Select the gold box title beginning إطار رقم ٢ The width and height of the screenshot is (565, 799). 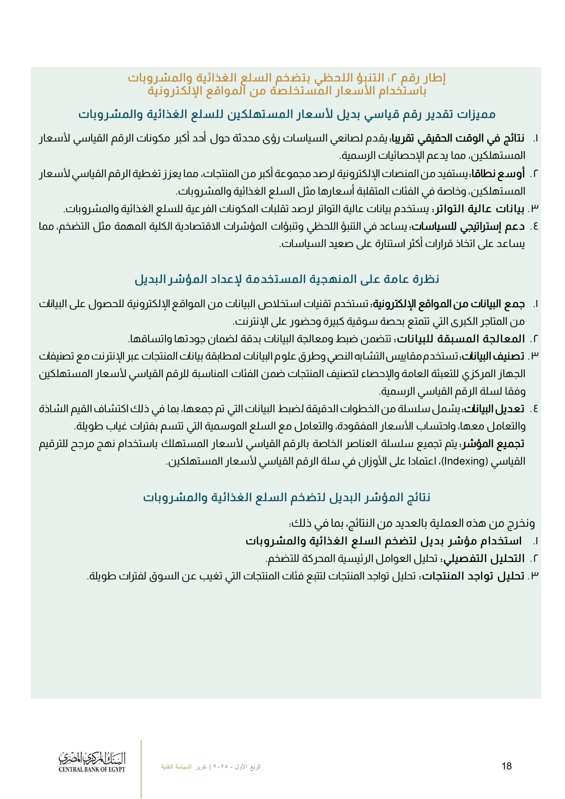287,84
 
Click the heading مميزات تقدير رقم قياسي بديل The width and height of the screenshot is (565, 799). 287,115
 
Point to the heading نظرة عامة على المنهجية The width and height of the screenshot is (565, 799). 287,279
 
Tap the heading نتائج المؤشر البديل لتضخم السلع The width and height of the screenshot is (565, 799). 287,498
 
